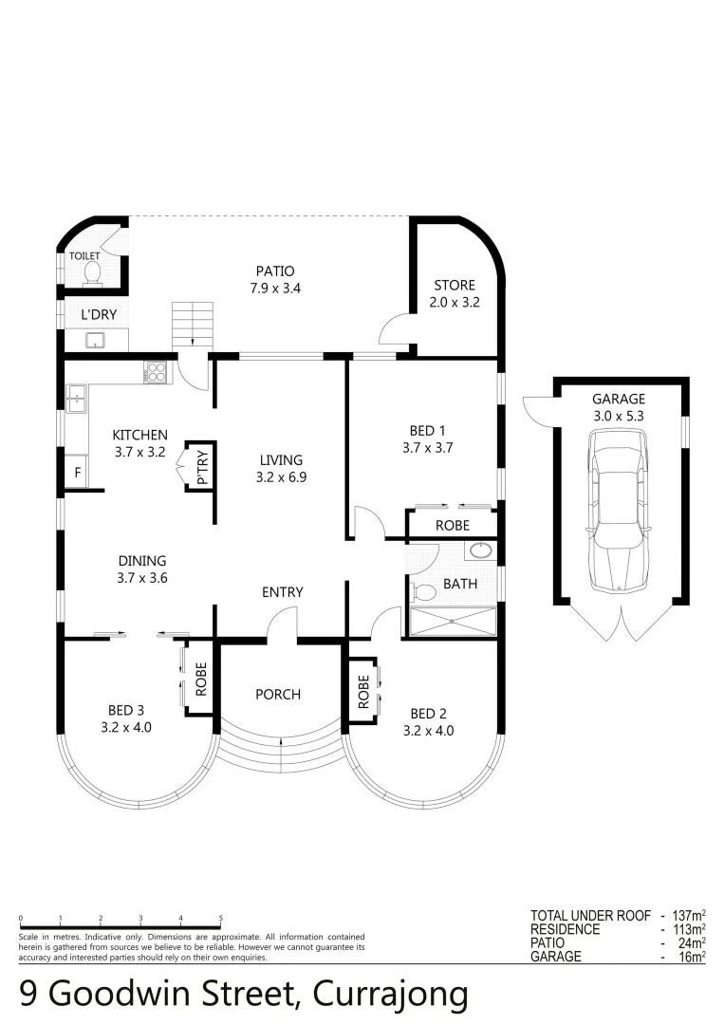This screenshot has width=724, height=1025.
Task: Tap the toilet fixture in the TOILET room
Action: (93, 273)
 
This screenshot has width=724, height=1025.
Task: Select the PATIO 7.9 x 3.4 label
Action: (275, 279)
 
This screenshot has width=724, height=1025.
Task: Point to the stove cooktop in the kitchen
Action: (156, 373)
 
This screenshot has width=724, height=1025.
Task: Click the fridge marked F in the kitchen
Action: (76, 471)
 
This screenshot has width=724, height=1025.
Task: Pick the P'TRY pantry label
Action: (201, 466)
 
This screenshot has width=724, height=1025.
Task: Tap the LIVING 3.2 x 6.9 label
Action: (281, 469)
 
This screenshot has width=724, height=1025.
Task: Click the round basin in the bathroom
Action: (479, 550)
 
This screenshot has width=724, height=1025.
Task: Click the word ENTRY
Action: (282, 592)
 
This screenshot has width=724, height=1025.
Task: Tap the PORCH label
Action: (278, 695)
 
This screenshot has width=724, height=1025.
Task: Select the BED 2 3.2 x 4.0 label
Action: (428, 721)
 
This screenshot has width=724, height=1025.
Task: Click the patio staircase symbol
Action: (193, 323)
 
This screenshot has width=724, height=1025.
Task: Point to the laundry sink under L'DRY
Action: (94, 340)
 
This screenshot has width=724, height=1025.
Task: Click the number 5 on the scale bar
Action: (221, 919)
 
